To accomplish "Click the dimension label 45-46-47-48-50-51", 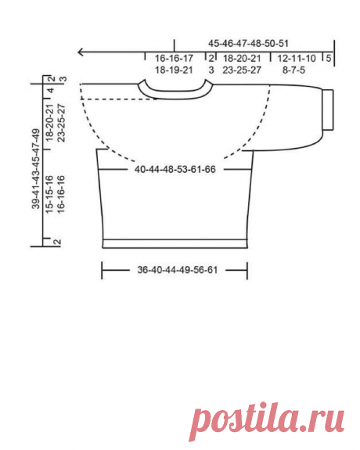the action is (248, 44).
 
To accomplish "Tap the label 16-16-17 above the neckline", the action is (174, 59).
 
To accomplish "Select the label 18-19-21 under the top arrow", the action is (174, 70).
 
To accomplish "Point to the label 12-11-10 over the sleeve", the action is (297, 59).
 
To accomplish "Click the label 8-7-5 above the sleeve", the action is (294, 70).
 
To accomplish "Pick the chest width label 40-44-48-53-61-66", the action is (175, 169).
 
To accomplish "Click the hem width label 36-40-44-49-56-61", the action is (178, 270).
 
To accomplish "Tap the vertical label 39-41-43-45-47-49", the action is (36, 169).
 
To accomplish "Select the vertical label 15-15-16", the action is (49, 194).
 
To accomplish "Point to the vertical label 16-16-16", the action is (61, 194).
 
